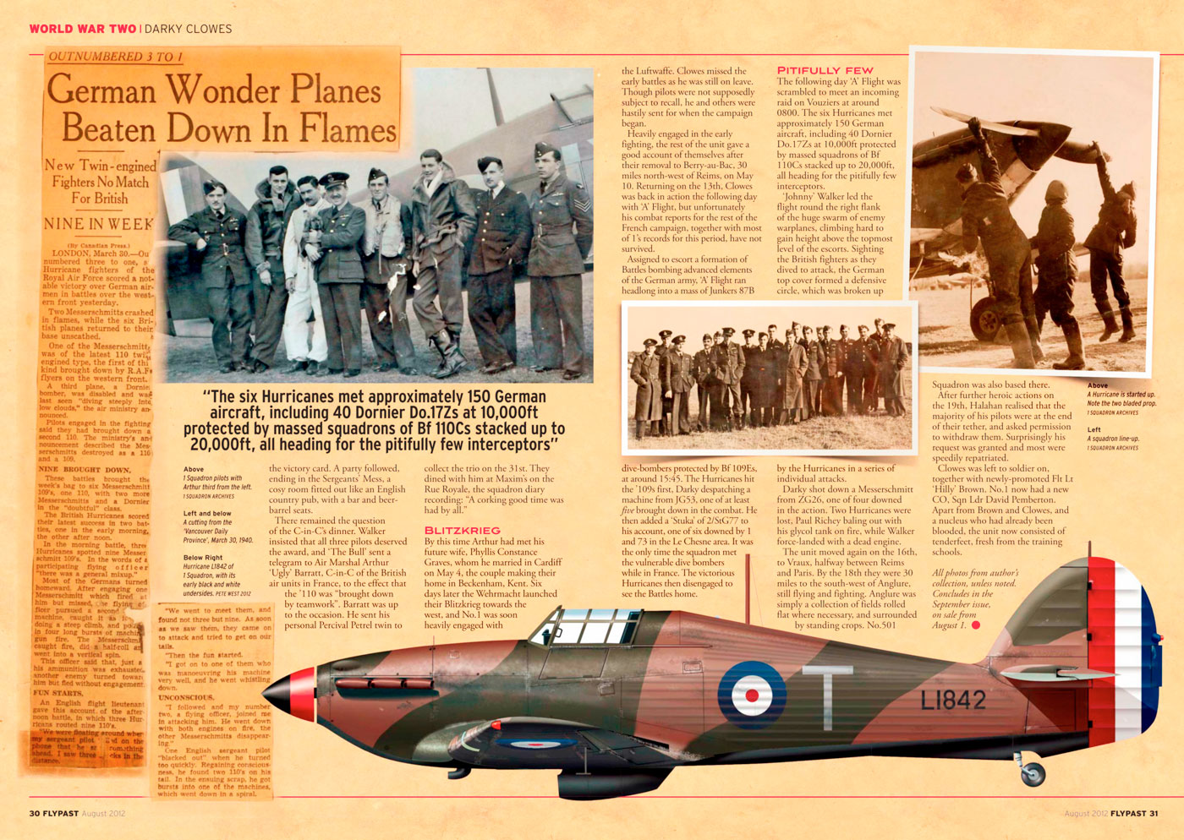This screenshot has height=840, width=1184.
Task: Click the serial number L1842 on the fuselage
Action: coord(952,700)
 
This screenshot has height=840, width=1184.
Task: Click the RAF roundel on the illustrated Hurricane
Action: coord(752,695)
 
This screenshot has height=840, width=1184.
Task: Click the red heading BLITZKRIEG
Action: coord(462,531)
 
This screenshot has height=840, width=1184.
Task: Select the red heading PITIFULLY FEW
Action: coord(825,70)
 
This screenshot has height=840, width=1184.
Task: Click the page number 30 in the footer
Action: coord(36,814)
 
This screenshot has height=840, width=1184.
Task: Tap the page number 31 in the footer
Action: coord(1154,814)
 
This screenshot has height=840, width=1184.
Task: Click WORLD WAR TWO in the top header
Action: coord(82,29)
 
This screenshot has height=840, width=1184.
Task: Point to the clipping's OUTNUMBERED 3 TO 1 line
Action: coord(115,57)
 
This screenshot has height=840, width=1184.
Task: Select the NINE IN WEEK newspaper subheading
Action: coord(98,224)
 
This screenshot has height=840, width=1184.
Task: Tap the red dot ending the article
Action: coord(975,626)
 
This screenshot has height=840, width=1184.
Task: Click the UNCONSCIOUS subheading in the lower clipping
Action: coord(186,698)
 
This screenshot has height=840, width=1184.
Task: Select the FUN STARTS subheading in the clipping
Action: coord(52,693)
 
